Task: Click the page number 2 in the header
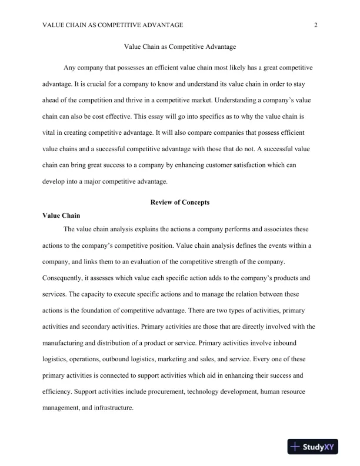point(316,25)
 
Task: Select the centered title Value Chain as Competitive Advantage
point(180,46)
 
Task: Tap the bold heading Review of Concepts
point(180,202)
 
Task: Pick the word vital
point(49,132)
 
